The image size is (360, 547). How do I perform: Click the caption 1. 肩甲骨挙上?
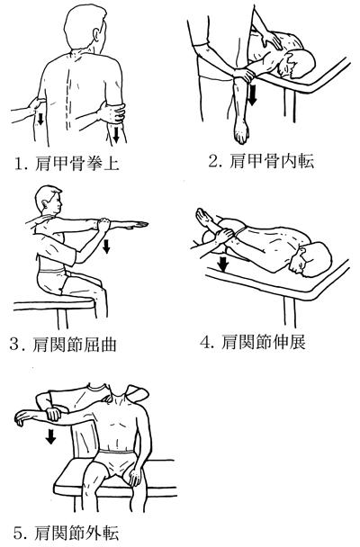pyautogui.click(x=67, y=163)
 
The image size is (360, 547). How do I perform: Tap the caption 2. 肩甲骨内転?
pyautogui.click(x=261, y=161)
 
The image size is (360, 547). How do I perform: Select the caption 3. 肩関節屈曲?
pyautogui.click(x=63, y=345)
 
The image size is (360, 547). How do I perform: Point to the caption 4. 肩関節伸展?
pyautogui.click(x=253, y=342)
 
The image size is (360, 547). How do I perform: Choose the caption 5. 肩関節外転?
pyautogui.click(x=67, y=534)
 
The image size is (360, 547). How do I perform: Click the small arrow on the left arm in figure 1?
pyautogui.click(x=40, y=119)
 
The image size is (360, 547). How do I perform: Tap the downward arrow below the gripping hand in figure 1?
pyautogui.click(x=116, y=134)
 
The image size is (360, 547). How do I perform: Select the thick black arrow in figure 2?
pyautogui.click(x=252, y=94)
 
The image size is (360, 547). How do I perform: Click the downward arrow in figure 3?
pyautogui.click(x=106, y=247)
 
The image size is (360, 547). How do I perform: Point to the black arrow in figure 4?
pyautogui.click(x=222, y=264)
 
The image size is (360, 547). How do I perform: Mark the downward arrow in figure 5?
pyautogui.click(x=51, y=436)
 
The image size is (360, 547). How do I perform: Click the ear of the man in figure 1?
pyautogui.click(x=96, y=34)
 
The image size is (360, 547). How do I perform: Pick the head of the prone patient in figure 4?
pyautogui.click(x=310, y=260)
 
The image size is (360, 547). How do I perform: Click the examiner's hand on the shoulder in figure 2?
pyautogui.click(x=269, y=39)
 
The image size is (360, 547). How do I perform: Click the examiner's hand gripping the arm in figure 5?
pyautogui.click(x=51, y=413)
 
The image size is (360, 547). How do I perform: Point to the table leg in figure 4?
pyautogui.click(x=290, y=312)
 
